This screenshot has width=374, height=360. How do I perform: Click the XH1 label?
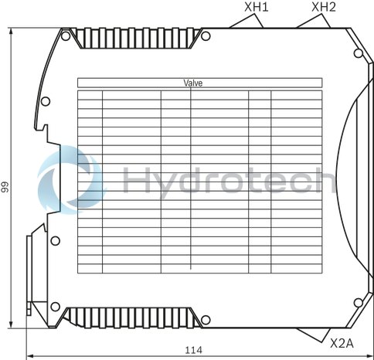pyautogui.click(x=257, y=8)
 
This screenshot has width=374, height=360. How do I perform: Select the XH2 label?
pyautogui.click(x=324, y=8)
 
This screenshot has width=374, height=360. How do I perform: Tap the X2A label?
pyautogui.click(x=342, y=342)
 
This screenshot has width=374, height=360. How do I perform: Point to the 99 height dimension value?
pyautogui.click(x=5, y=186)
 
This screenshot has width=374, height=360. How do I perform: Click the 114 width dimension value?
pyautogui.click(x=194, y=350)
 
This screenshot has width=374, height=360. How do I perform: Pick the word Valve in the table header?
pyautogui.click(x=193, y=83)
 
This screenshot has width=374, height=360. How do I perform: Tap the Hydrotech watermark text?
pyautogui.click(x=228, y=182)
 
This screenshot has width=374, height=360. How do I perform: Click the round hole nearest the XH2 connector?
pyautogui.click(x=357, y=53)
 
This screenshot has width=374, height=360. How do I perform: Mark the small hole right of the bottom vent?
pyautogui.click(x=204, y=317)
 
